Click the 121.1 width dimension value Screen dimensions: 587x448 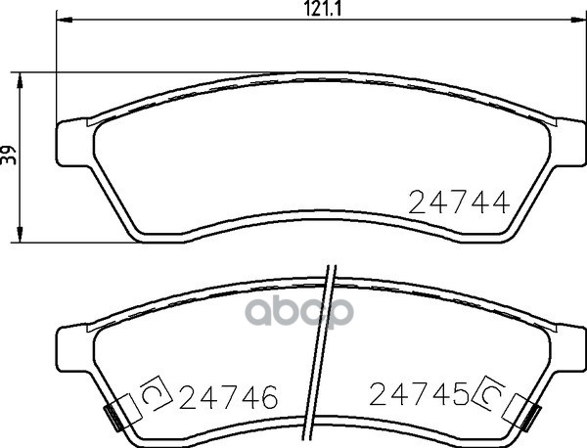point(322,9)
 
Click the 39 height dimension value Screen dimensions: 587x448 point(9,155)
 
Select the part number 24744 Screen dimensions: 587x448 point(459,202)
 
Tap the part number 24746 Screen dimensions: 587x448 point(228,397)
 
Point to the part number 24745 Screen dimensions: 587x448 point(420,394)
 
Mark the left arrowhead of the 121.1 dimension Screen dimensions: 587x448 point(65,20)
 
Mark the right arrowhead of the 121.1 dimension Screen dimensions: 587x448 point(577,20)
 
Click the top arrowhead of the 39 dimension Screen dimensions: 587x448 point(20,80)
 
